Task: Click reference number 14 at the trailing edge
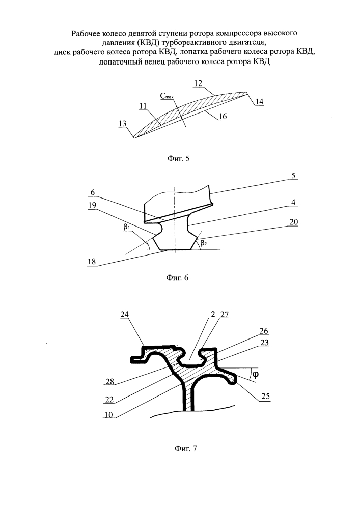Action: pos(260,101)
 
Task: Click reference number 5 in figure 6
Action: pos(294,175)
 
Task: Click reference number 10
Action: pos(108,415)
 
